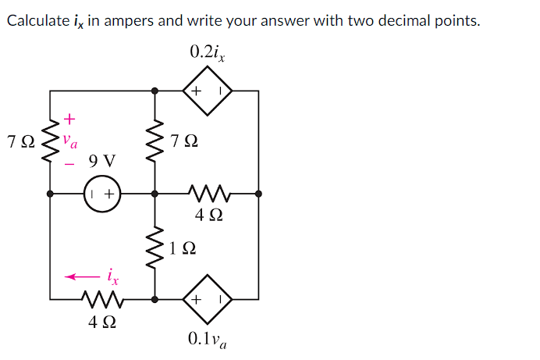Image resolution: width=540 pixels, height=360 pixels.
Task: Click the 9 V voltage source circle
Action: [x=102, y=193]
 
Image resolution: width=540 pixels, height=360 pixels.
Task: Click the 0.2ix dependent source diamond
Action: [x=208, y=91]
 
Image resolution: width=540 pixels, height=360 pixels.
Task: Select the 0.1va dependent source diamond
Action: [x=208, y=299]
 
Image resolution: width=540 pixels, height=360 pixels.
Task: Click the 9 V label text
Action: [x=102, y=162]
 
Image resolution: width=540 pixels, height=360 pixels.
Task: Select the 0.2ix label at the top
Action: [x=208, y=52]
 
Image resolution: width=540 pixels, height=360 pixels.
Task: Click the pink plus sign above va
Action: [x=69, y=119]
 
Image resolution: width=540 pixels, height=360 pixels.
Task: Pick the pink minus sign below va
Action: [x=69, y=164]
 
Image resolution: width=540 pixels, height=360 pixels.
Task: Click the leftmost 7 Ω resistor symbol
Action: [x=51, y=141]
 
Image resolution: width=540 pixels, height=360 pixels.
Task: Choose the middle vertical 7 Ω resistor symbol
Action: [x=155, y=141]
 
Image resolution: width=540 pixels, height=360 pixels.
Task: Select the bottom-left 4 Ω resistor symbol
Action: [x=102, y=299]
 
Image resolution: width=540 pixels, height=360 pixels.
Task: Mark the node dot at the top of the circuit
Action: [x=155, y=91]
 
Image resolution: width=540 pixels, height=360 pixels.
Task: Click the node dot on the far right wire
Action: [x=259, y=193]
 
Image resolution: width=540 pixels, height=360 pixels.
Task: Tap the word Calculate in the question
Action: [x=37, y=20]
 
